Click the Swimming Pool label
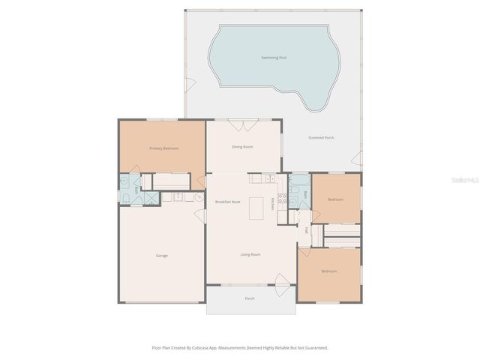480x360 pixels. point(274,57)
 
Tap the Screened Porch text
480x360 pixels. point(321,138)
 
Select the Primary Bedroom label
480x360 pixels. point(163,148)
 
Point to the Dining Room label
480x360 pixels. point(242,147)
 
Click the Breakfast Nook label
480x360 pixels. point(227,202)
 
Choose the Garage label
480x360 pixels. point(161,256)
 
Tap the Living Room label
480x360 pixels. point(250,255)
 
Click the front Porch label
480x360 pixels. point(250,298)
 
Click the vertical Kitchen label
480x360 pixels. point(272,203)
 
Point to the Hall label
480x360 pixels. point(306,231)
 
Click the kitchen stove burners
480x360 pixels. point(283,199)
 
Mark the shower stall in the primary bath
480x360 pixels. point(150,197)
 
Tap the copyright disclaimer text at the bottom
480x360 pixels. point(240,348)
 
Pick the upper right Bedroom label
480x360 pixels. point(335,199)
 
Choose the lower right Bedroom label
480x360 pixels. point(328,271)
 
